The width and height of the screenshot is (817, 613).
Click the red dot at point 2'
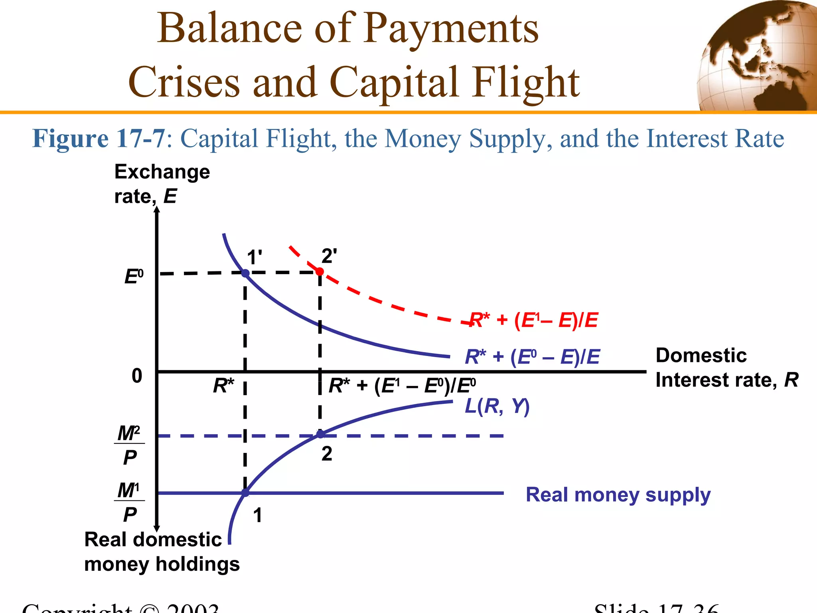[x=320, y=272]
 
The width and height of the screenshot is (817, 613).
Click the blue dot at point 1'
[x=245, y=273]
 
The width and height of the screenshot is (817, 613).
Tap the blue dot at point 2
[x=320, y=434]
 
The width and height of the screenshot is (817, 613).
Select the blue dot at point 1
[x=245, y=493]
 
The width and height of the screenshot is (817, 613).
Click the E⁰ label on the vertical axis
[x=134, y=277]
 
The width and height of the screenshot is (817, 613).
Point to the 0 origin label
[x=137, y=376]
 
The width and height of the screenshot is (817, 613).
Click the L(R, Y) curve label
[x=497, y=406]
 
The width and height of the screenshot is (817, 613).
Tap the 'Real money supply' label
[x=618, y=495]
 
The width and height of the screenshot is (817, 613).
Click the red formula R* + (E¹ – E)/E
[x=534, y=320]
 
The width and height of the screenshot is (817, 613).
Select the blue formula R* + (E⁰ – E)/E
[x=532, y=356]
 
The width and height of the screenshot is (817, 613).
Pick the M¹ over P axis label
[x=130, y=502]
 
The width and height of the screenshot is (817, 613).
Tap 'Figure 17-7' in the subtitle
[x=99, y=138]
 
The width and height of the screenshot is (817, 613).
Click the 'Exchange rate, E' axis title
[x=162, y=184]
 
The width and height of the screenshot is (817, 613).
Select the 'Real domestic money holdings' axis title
[x=162, y=552]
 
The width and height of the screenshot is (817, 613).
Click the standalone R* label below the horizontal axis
[x=223, y=386]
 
